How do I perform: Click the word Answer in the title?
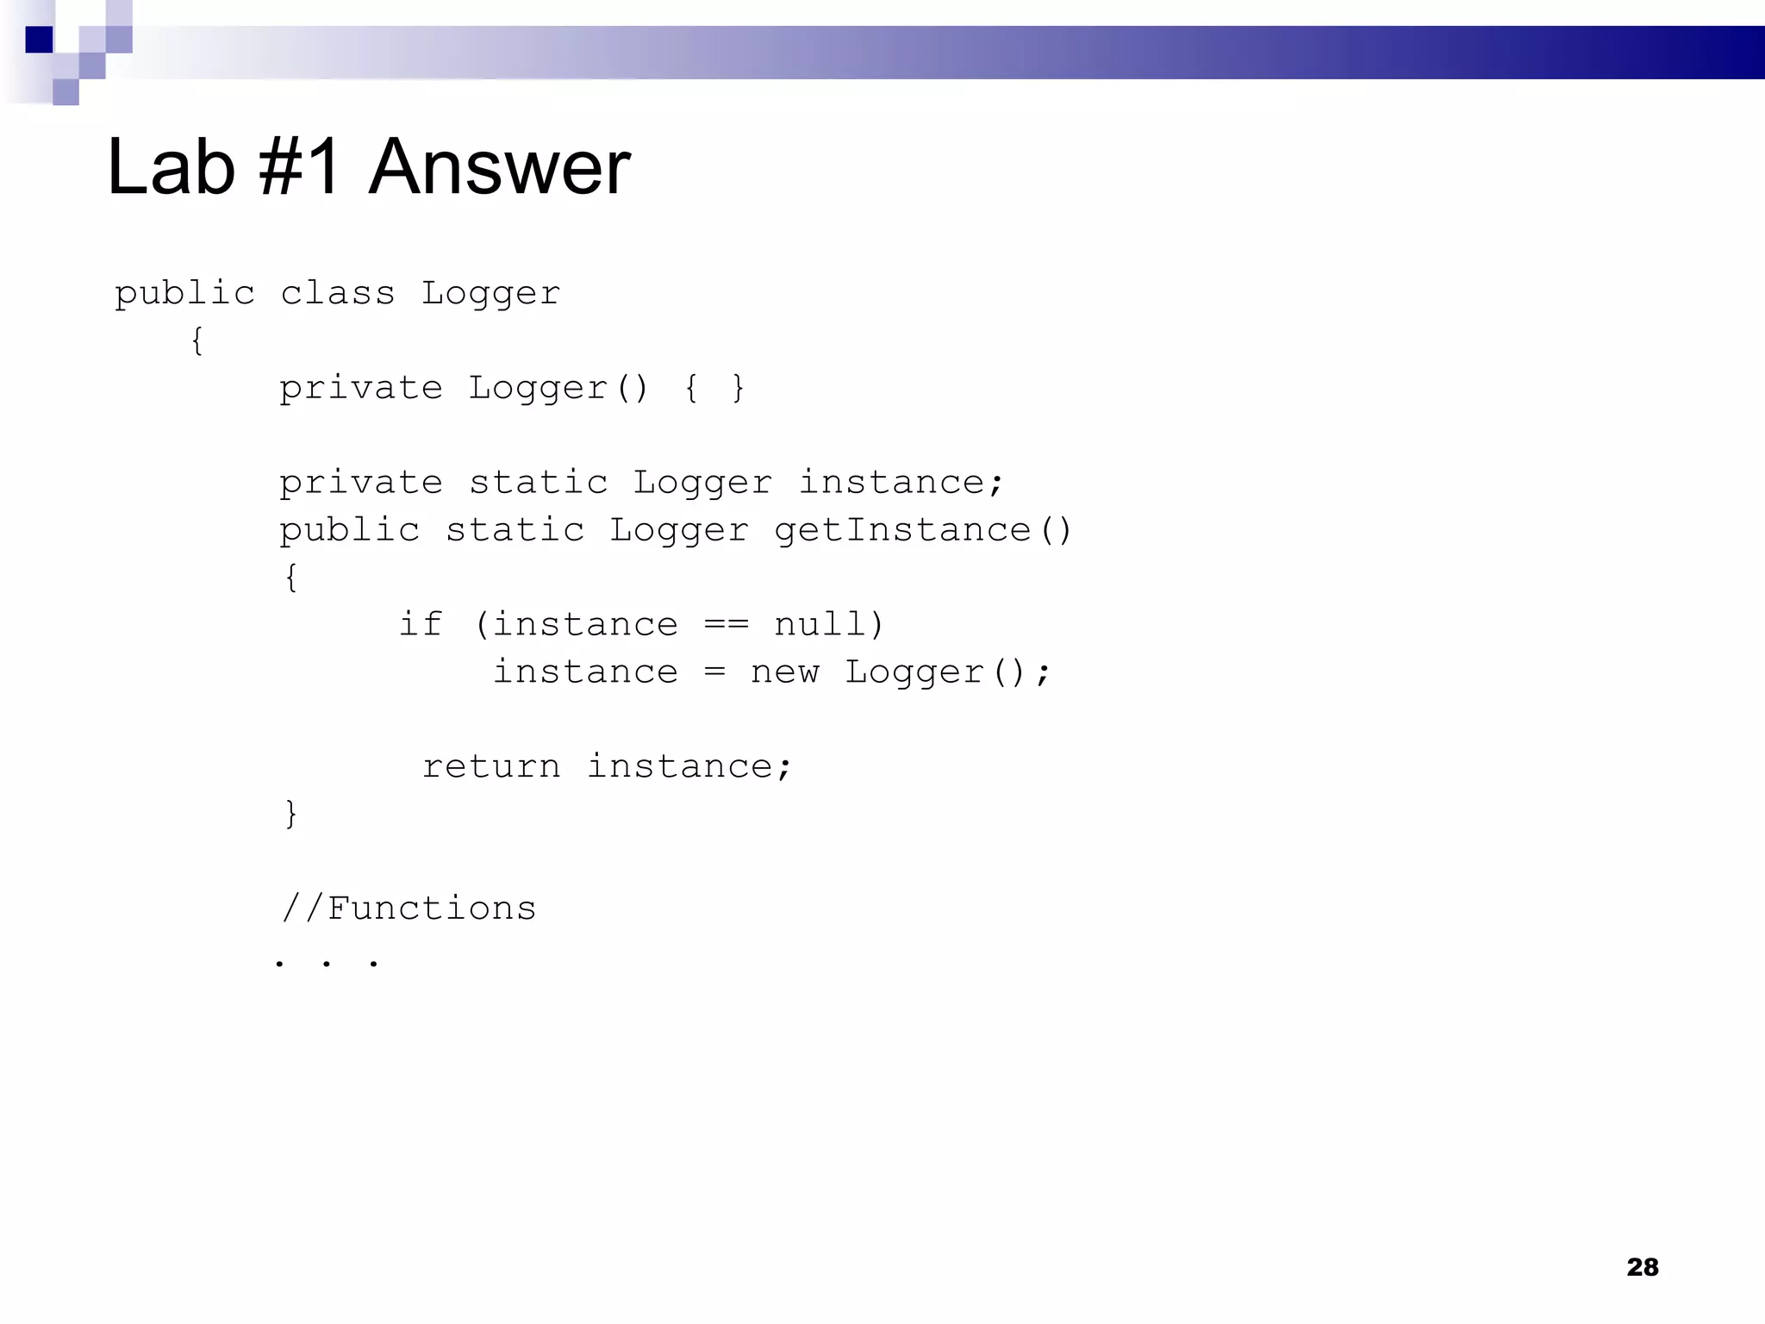(x=500, y=167)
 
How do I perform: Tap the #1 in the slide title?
(x=299, y=167)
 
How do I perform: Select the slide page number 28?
(x=1643, y=1267)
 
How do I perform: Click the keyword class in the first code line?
(x=337, y=294)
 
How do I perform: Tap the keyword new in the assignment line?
(x=784, y=672)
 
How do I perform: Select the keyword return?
(x=490, y=767)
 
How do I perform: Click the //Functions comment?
(x=409, y=909)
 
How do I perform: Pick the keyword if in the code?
(x=421, y=625)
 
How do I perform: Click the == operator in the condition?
(x=726, y=625)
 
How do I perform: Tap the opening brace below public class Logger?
(x=197, y=341)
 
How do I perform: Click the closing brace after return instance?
(x=291, y=814)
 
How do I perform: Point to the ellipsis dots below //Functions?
(x=326, y=962)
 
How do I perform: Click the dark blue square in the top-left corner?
(x=39, y=40)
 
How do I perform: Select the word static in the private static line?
(x=538, y=483)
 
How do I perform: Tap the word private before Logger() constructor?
(x=360, y=389)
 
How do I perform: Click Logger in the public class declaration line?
(x=490, y=294)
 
